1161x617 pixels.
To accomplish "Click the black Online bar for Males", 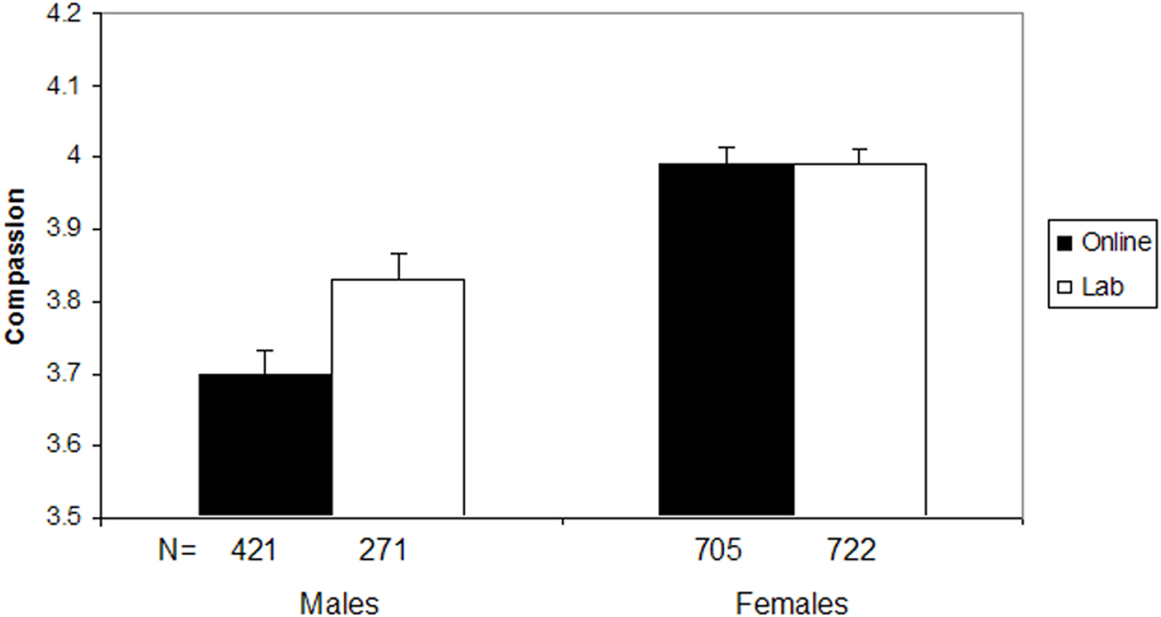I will click(x=265, y=445).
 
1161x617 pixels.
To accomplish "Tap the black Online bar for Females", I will click(x=726, y=339).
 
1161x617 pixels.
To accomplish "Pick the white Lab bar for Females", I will click(x=859, y=339).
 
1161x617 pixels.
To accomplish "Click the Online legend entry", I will click(x=1101, y=243).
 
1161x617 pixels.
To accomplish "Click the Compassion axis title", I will click(x=14, y=267).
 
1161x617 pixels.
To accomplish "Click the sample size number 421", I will click(x=253, y=552).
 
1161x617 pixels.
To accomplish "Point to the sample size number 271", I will click(x=383, y=552).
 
